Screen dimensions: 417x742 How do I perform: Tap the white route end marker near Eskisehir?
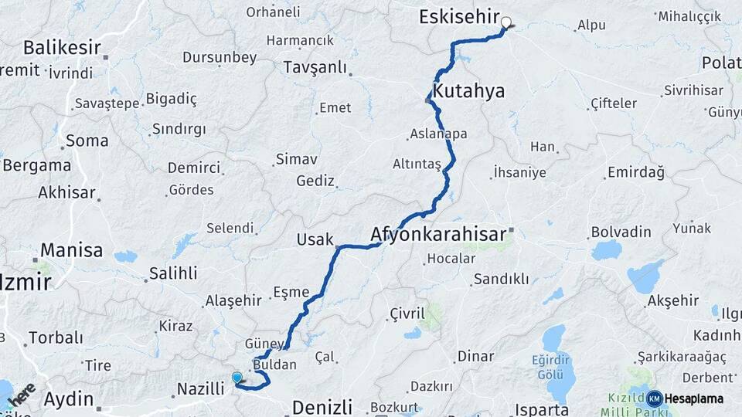point(507,22)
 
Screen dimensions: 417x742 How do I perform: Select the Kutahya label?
point(468,91)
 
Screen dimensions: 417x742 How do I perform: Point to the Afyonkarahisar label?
point(438,232)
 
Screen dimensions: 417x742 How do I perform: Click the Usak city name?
point(315,240)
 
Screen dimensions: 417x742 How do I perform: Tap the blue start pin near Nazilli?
point(237,378)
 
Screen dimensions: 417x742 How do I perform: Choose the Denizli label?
point(322,406)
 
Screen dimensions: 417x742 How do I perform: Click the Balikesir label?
point(62,48)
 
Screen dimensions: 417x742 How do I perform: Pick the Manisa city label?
point(71,250)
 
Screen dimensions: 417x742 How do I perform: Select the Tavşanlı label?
point(315,67)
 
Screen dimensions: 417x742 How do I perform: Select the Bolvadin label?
point(621,232)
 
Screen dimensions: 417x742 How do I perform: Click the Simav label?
point(296,159)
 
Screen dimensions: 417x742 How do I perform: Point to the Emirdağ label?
point(635,172)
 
